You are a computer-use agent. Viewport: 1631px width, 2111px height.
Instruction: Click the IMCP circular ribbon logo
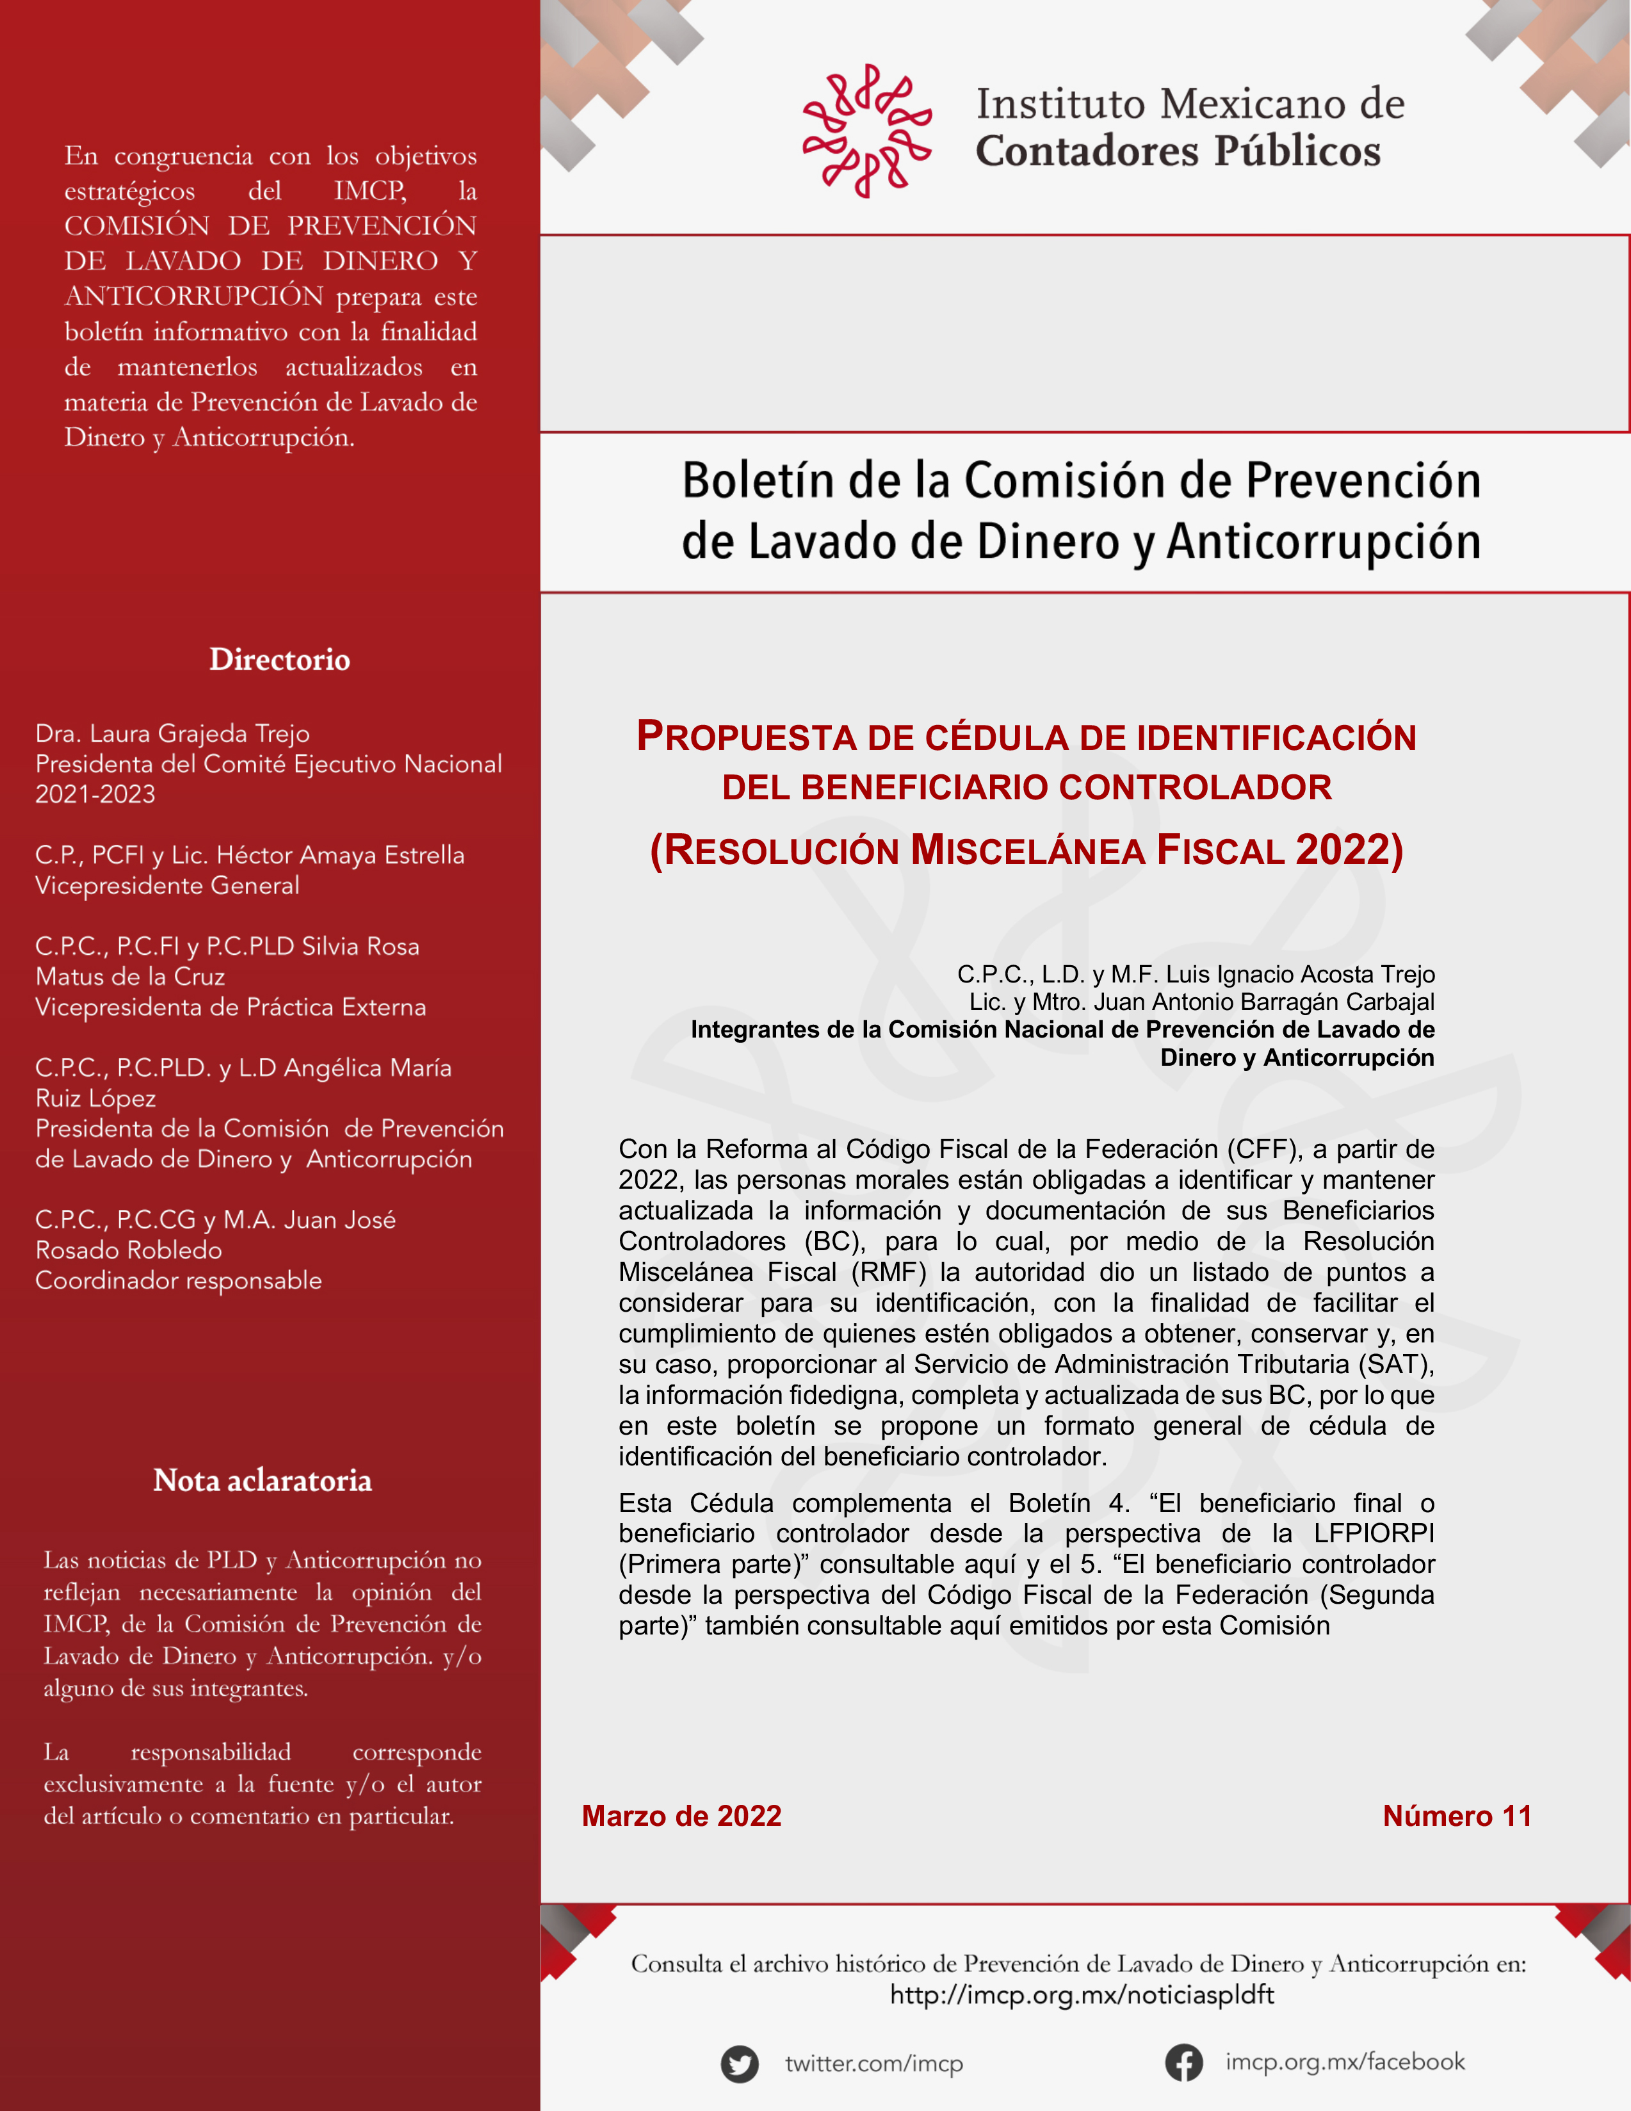pyautogui.click(x=866, y=131)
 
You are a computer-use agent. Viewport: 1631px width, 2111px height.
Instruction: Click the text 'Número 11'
pyautogui.click(x=1456, y=1816)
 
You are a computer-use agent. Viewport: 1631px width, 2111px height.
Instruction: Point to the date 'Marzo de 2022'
pyautogui.click(x=681, y=1816)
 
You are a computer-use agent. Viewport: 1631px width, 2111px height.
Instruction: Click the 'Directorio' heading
pyautogui.click(x=279, y=660)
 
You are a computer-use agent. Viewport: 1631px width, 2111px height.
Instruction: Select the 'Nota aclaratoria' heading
pyautogui.click(x=262, y=1481)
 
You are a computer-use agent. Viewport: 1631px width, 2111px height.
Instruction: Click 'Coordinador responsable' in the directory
pyautogui.click(x=178, y=1281)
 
